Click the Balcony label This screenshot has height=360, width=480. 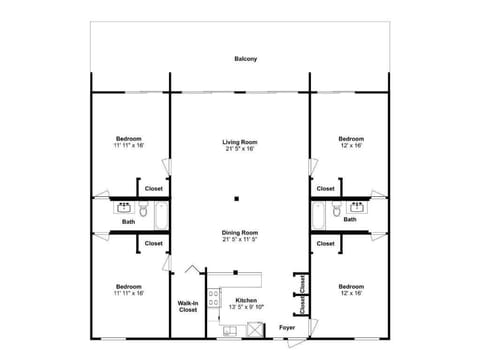tap(245, 60)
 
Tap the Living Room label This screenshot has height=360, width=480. tap(239, 142)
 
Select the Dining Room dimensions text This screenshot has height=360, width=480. tap(239, 240)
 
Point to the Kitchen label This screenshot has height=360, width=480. tap(245, 300)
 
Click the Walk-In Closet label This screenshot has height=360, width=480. tap(188, 307)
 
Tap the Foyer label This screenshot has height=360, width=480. tap(287, 327)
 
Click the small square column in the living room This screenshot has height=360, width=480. tap(237, 198)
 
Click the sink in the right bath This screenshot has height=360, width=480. tap(352, 209)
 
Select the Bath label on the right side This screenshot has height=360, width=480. tap(350, 220)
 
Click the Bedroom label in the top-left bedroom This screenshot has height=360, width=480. tap(128, 138)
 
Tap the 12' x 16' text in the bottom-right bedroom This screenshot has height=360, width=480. tap(350, 293)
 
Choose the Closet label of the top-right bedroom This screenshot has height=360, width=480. tap(325, 188)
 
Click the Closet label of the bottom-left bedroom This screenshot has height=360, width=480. tap(153, 243)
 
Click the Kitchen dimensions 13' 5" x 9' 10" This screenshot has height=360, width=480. tap(245, 308)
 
